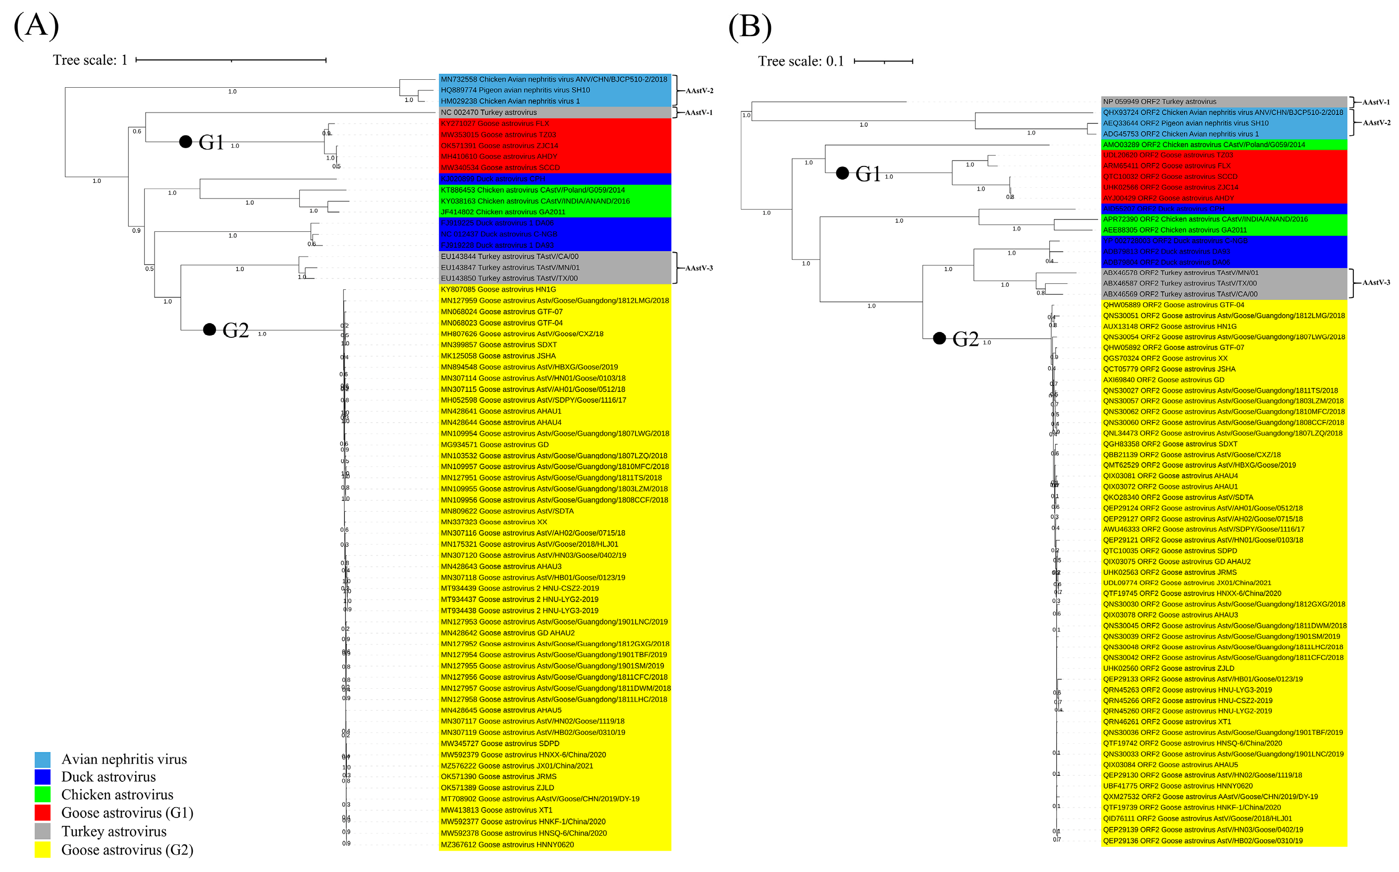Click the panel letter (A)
36,26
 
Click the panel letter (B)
750,27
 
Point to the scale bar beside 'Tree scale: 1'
231,60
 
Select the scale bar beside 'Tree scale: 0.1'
883,61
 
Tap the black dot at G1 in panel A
185,142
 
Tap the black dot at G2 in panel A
210,330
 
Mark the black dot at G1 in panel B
843,173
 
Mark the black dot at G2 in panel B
939,338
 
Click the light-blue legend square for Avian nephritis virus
42,760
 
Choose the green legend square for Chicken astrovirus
42,795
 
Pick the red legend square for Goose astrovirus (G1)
42,813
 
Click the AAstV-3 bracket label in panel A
699,268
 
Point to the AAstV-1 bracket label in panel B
1375,102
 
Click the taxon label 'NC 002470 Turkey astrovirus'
489,112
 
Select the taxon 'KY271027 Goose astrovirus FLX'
495,123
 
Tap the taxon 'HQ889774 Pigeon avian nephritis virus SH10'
515,90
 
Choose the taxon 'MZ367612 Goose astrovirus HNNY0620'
507,845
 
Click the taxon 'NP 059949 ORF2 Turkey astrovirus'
1159,102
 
